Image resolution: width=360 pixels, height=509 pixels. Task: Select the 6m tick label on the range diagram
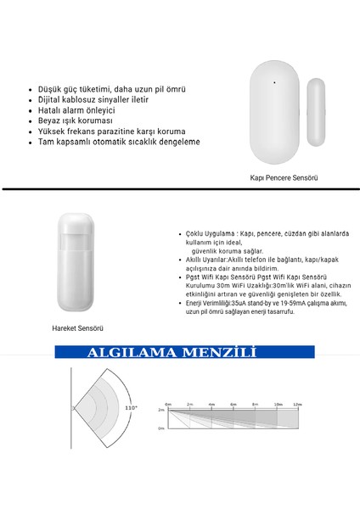(232, 404)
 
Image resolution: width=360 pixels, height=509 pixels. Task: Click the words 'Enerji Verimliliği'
(215, 304)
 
